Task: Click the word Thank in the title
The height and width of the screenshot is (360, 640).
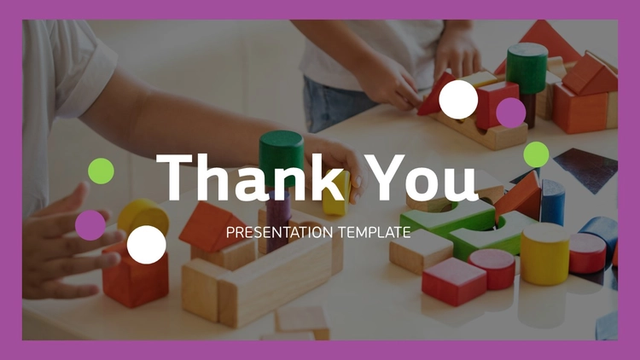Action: coord(250,177)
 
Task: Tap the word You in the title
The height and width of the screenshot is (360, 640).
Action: coord(421,177)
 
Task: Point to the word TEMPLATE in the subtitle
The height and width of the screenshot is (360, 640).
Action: coord(375,232)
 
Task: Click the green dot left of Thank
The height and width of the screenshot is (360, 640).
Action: coord(101,171)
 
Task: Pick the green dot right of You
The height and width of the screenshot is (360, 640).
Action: coord(537,154)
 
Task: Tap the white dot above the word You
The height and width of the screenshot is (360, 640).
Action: coord(458,100)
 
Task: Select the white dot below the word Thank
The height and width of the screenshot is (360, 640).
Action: coord(147,245)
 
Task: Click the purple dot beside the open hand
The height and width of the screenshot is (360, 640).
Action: coord(90,225)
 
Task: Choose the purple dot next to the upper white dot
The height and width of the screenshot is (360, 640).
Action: coord(511,113)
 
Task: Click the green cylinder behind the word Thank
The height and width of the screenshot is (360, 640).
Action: coord(282,157)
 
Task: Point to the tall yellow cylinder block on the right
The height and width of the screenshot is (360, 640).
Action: coord(545,253)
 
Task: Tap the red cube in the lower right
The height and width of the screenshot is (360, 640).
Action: coord(454,282)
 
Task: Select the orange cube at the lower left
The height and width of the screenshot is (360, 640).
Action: coord(135,274)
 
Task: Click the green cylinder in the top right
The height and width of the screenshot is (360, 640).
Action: coord(527,68)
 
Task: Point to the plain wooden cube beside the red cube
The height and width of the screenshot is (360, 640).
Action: coord(421,252)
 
